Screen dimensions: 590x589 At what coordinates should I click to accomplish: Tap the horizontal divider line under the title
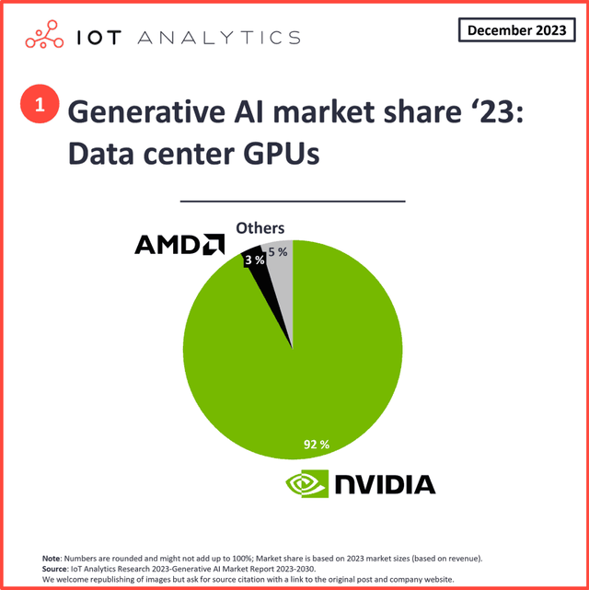pos(292,200)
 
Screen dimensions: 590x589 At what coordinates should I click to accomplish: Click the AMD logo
pos(180,244)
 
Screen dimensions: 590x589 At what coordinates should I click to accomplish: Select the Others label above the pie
pos(260,228)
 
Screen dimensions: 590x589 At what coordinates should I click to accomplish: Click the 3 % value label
pos(255,260)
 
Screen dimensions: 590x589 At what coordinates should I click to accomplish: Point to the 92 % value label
pos(317,444)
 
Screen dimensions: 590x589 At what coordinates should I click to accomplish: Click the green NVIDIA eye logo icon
pos(307,484)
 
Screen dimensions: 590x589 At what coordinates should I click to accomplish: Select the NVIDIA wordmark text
pos(384,484)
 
